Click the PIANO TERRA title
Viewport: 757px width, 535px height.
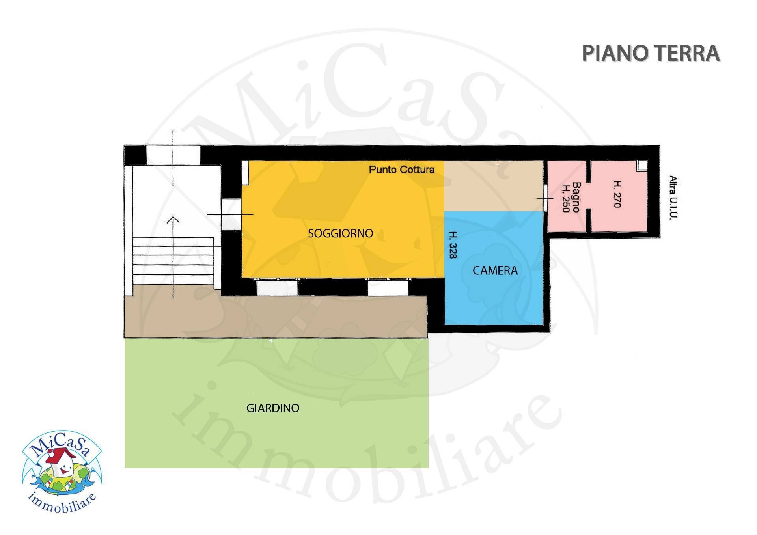pyautogui.click(x=651, y=53)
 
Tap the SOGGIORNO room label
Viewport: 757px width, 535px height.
pyautogui.click(x=340, y=233)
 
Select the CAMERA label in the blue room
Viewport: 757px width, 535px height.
pyautogui.click(x=495, y=270)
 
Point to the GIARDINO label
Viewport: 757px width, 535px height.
pyautogui.click(x=273, y=408)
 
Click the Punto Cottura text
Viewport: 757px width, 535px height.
pyautogui.click(x=401, y=170)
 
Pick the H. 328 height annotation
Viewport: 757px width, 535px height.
pyautogui.click(x=453, y=245)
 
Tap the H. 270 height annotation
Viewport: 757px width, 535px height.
pyautogui.click(x=617, y=194)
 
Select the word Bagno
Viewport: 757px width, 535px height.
pyautogui.click(x=576, y=197)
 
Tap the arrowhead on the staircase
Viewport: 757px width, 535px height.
pyautogui.click(x=173, y=220)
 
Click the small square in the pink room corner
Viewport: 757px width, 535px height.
pyautogui.click(x=642, y=165)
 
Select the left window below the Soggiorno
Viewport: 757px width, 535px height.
pyautogui.click(x=277, y=287)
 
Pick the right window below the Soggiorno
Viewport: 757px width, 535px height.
pyautogui.click(x=388, y=287)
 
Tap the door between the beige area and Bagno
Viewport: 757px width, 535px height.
pyautogui.click(x=545, y=198)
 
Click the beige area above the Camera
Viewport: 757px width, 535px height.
pyautogui.click(x=494, y=186)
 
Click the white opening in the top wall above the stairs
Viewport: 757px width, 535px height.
pyautogui.click(x=173, y=155)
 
